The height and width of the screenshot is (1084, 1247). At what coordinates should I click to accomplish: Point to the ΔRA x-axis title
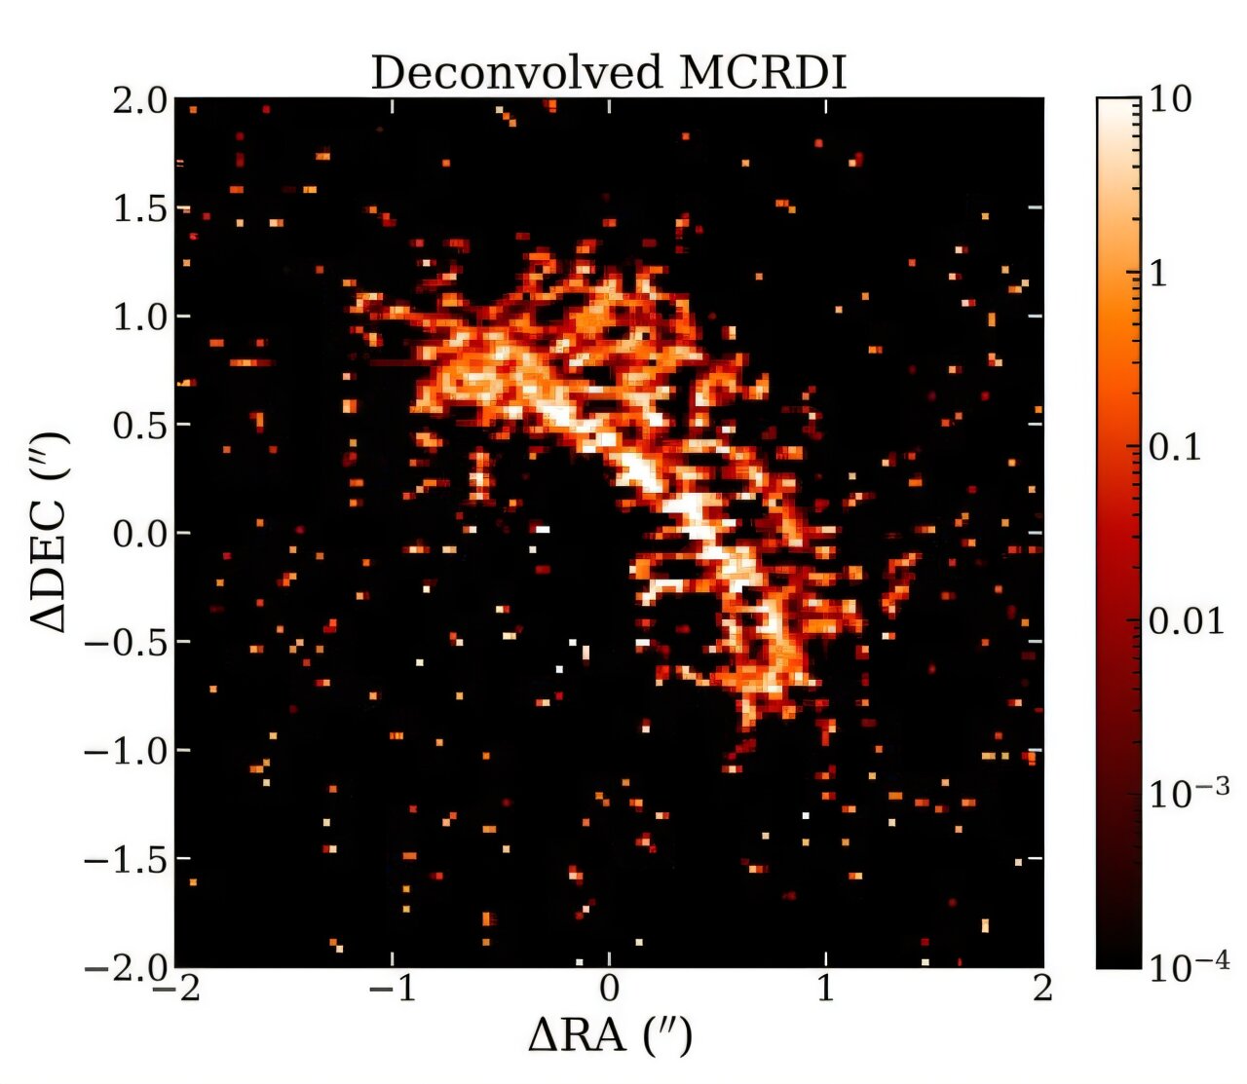click(610, 1035)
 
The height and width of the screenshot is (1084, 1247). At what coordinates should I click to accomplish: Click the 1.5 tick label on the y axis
click(138, 208)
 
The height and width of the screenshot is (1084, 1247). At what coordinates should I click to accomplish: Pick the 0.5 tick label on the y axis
click(138, 426)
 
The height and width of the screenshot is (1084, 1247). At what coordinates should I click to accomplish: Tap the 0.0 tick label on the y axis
click(138, 534)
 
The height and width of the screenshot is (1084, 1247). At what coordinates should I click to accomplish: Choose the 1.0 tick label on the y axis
click(138, 318)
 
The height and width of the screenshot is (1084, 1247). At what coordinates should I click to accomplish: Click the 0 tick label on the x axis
click(610, 990)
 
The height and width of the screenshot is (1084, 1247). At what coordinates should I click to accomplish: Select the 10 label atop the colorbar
click(1170, 99)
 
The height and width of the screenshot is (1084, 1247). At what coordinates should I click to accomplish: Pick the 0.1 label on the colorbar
click(1175, 448)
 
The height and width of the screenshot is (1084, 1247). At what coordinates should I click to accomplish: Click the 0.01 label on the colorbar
click(1186, 621)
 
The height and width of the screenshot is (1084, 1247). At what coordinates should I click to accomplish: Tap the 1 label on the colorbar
click(1158, 274)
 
